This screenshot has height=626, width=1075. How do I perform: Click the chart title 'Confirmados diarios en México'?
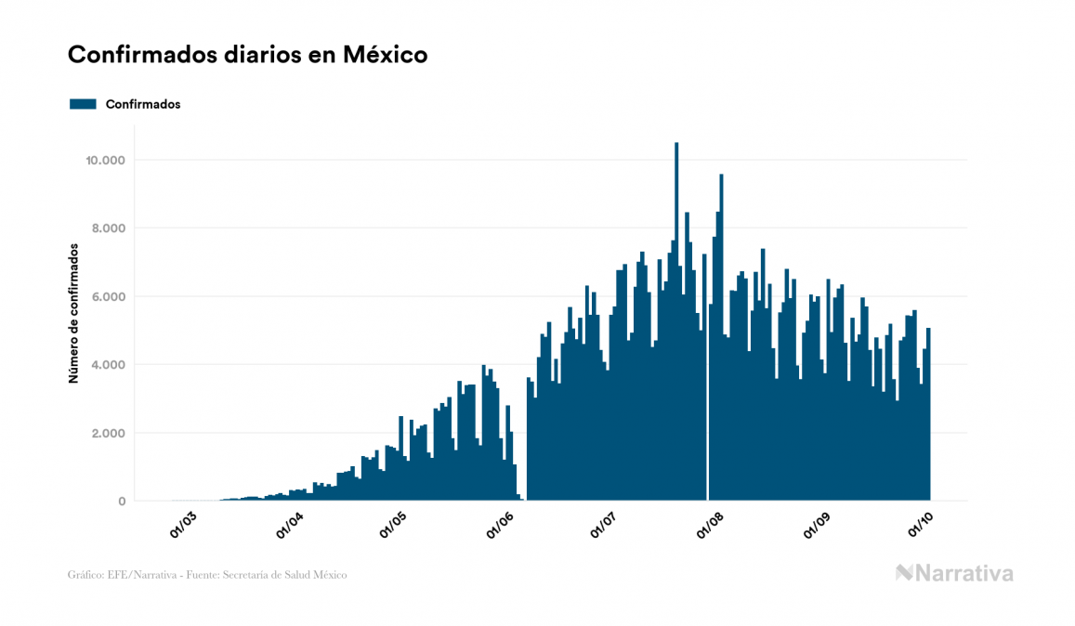tap(247, 55)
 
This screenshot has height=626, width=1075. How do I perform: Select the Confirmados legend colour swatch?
tap(83, 104)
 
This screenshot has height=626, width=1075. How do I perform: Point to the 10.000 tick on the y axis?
tap(104, 161)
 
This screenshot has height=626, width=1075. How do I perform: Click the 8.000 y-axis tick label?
tap(108, 228)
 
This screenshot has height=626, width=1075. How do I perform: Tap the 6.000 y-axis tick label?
tap(108, 297)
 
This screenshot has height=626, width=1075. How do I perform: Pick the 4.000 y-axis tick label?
tap(108, 365)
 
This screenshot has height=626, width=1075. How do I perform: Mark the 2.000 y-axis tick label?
tap(108, 434)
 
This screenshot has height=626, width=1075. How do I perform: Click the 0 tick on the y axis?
tap(121, 502)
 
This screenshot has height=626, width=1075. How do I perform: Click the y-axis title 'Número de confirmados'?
tap(72, 314)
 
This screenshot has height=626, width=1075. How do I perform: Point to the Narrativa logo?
tap(954, 574)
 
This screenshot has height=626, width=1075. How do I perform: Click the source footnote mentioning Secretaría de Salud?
tap(207, 575)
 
